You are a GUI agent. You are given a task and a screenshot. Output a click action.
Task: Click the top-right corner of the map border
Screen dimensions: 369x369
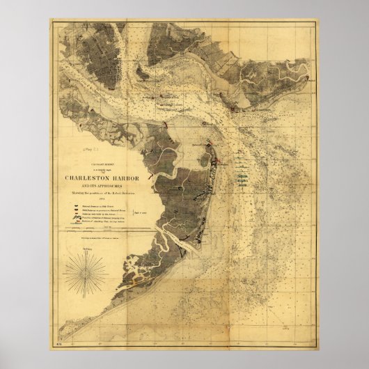(319, 20)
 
